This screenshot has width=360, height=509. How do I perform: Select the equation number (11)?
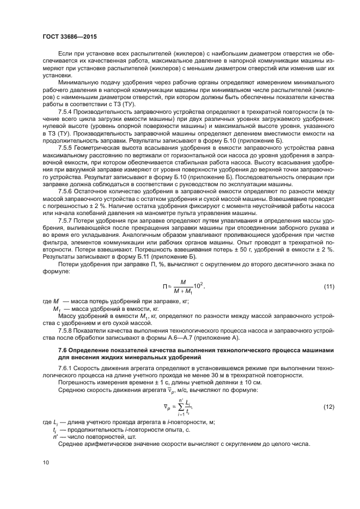click(328, 286)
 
